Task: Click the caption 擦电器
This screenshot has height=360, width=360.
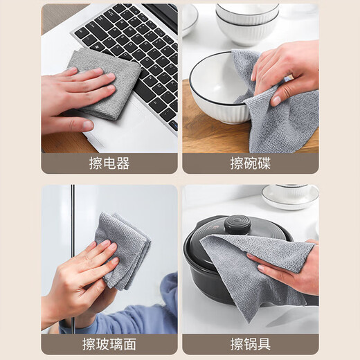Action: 109,163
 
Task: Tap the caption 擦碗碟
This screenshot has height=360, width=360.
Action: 250,163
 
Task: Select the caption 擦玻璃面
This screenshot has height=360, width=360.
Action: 109,344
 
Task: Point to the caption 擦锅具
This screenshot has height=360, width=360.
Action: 250,344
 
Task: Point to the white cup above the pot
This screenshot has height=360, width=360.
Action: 291,194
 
